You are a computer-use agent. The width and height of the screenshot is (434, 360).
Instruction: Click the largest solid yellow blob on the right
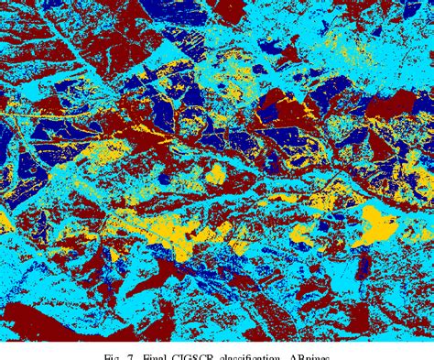coord(374,224)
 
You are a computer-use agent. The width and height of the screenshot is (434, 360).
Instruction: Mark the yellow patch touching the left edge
coord(5,221)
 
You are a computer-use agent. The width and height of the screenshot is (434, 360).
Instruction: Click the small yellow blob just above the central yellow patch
coord(216,174)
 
